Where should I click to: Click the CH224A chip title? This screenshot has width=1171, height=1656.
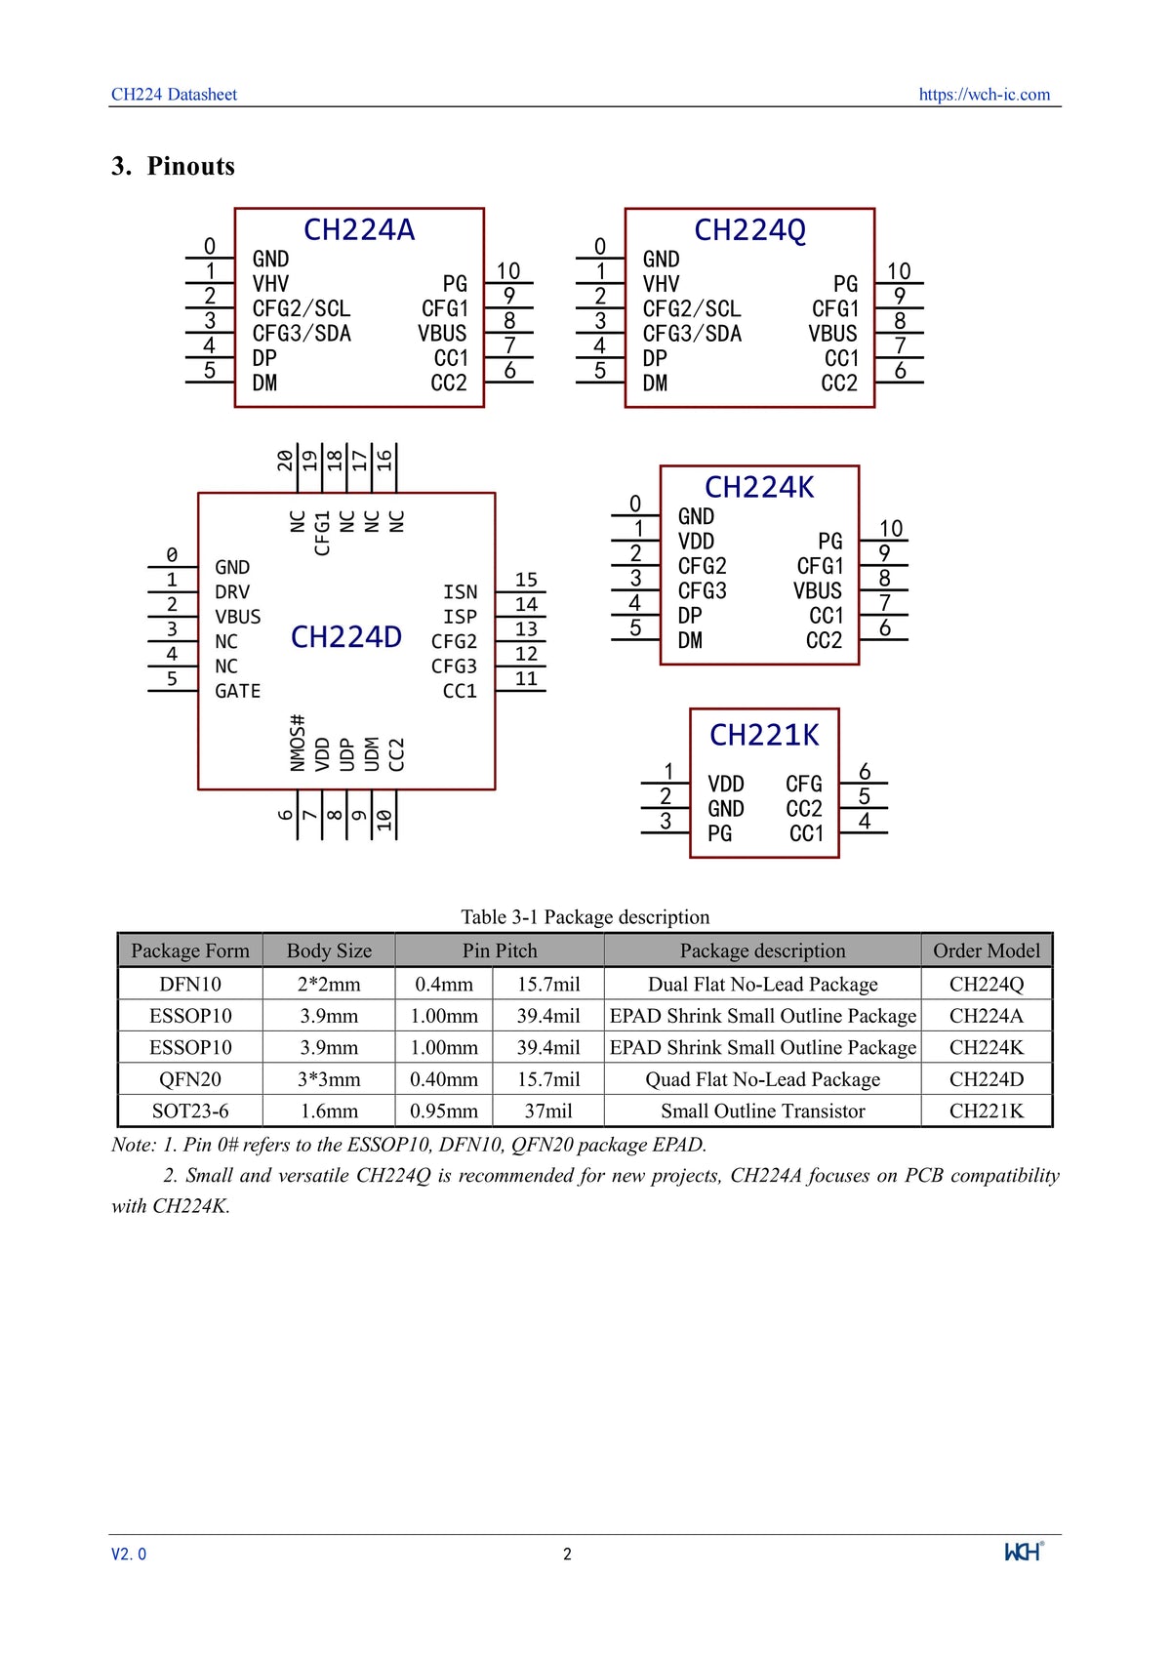[x=359, y=230]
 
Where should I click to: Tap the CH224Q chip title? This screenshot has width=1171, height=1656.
[x=749, y=230]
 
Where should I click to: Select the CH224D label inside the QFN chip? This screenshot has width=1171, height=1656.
[x=346, y=637]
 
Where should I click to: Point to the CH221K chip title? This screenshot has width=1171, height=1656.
[x=764, y=735]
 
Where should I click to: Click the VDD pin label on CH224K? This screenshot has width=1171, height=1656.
[x=696, y=542]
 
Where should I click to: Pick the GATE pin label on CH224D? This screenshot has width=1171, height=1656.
[x=237, y=691]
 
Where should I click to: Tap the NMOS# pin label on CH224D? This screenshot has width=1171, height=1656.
[x=298, y=743]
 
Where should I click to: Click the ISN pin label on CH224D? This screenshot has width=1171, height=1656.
[x=460, y=592]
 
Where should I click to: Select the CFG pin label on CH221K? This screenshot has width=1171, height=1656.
[x=803, y=784]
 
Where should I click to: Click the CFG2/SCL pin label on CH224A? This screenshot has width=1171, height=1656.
[x=301, y=308]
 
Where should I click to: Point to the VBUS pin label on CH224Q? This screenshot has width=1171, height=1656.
[x=832, y=334]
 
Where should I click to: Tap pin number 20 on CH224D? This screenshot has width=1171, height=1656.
[x=284, y=460]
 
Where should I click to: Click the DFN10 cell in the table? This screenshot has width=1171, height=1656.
[x=190, y=984]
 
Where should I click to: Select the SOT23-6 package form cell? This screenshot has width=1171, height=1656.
[x=190, y=1111]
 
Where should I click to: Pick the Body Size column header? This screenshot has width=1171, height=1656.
[x=329, y=950]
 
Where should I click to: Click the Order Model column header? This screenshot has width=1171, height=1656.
[x=986, y=950]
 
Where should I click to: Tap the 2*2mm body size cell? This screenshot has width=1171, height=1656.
[x=329, y=984]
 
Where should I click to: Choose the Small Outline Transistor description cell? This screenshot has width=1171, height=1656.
[x=762, y=1111]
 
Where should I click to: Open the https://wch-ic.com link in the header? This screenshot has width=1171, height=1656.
[x=984, y=95]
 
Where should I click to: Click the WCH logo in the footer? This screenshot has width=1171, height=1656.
[x=1024, y=1552]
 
